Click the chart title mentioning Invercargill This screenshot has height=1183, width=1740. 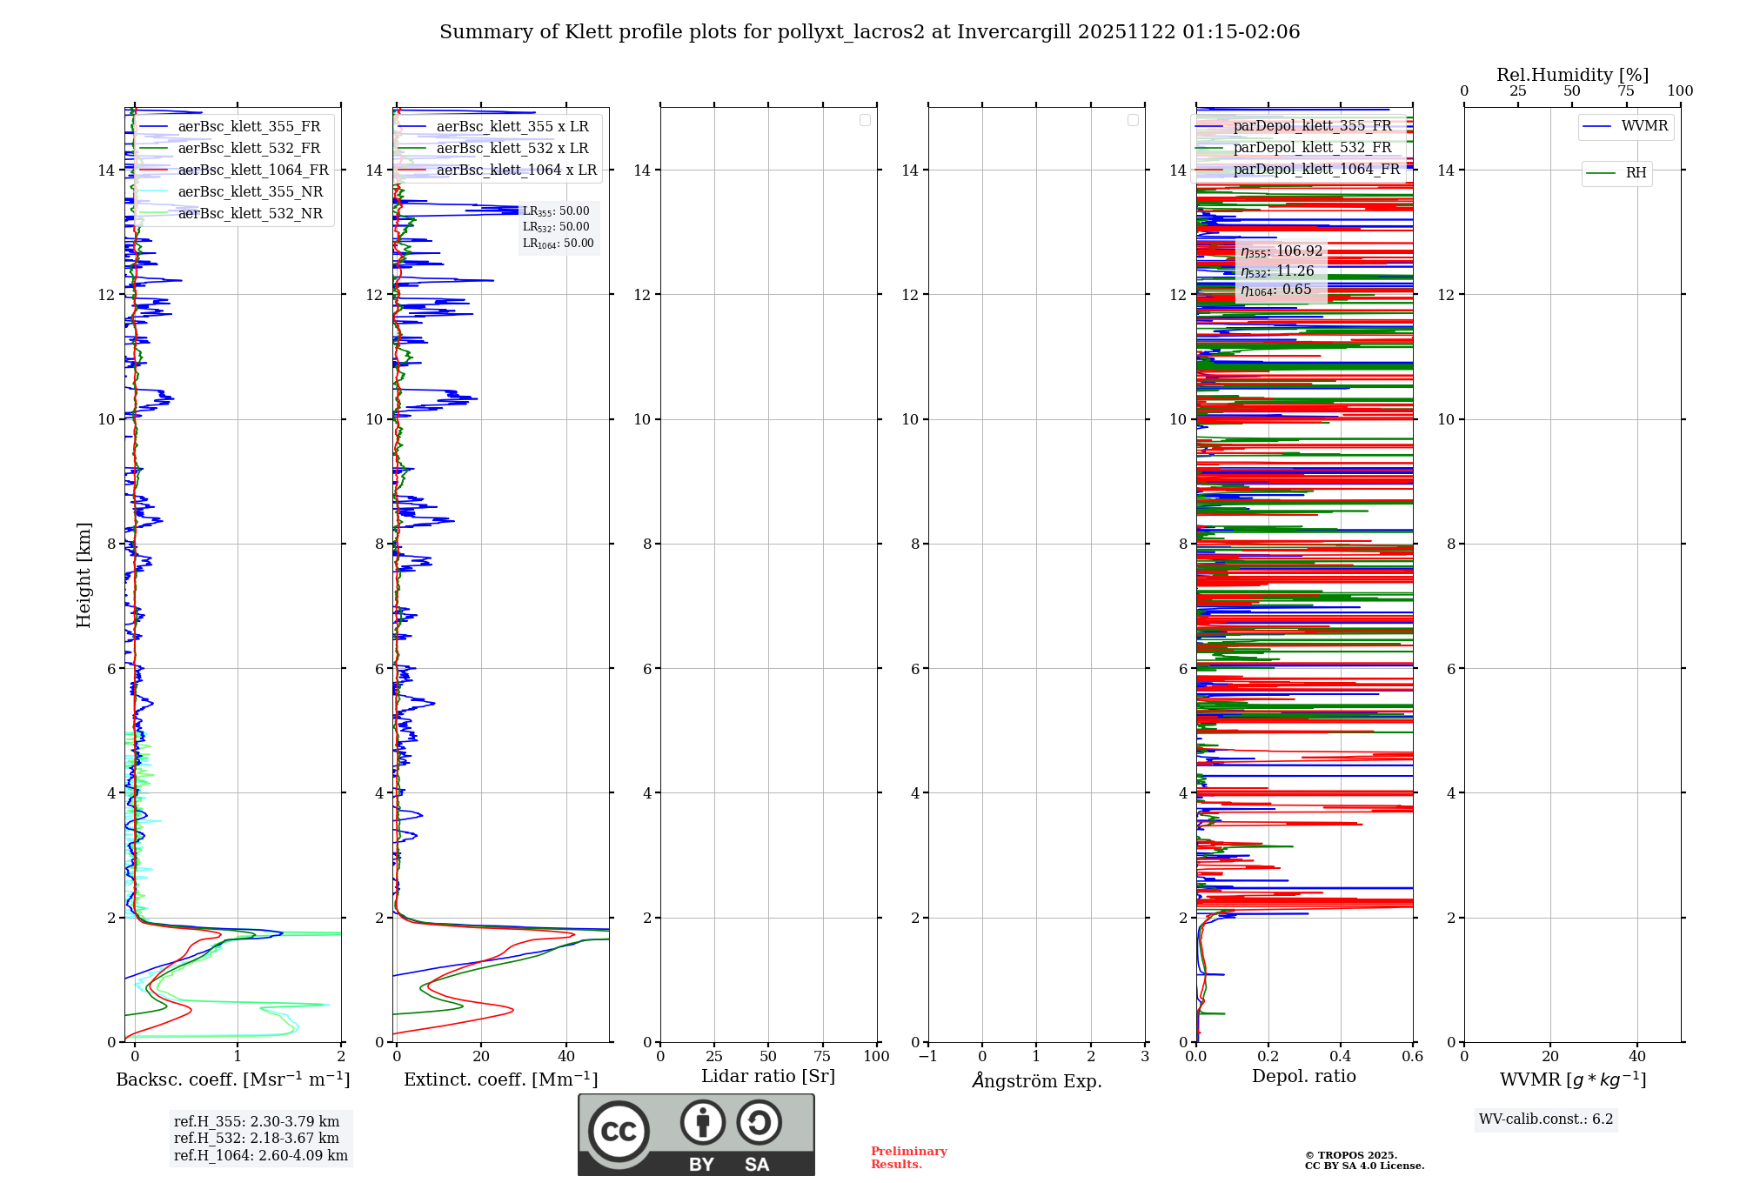pos(869,32)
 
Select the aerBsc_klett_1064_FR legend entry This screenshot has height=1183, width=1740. pos(252,170)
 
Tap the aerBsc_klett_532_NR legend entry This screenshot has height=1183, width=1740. pos(250,213)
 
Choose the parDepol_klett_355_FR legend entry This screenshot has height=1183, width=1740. pos(1312,125)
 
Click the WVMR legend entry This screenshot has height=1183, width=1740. pos(1643,126)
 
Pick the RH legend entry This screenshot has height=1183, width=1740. pos(1635,173)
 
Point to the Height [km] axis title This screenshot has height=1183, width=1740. pos(84,574)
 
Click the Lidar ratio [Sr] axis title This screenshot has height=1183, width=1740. pos(768,1076)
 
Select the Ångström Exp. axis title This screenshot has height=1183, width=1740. pos(1036,1080)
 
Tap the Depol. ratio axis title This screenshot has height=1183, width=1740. pos(1303,1076)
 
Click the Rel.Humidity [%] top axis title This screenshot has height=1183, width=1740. pos(1572,75)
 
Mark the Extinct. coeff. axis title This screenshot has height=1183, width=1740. pos(500,1079)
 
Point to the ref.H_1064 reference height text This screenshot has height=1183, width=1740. pos(260,1155)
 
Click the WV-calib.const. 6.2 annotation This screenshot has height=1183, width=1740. pos(1546,1119)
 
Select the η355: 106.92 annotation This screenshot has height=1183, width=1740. pos(1282,251)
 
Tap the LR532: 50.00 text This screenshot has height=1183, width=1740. pos(556,227)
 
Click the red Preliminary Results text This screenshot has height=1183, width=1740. pos(908,1157)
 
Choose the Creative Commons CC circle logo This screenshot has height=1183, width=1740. pos(619,1131)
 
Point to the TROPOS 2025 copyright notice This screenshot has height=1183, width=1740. pos(1363,1160)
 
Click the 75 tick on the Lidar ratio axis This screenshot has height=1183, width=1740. pos(822,1056)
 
